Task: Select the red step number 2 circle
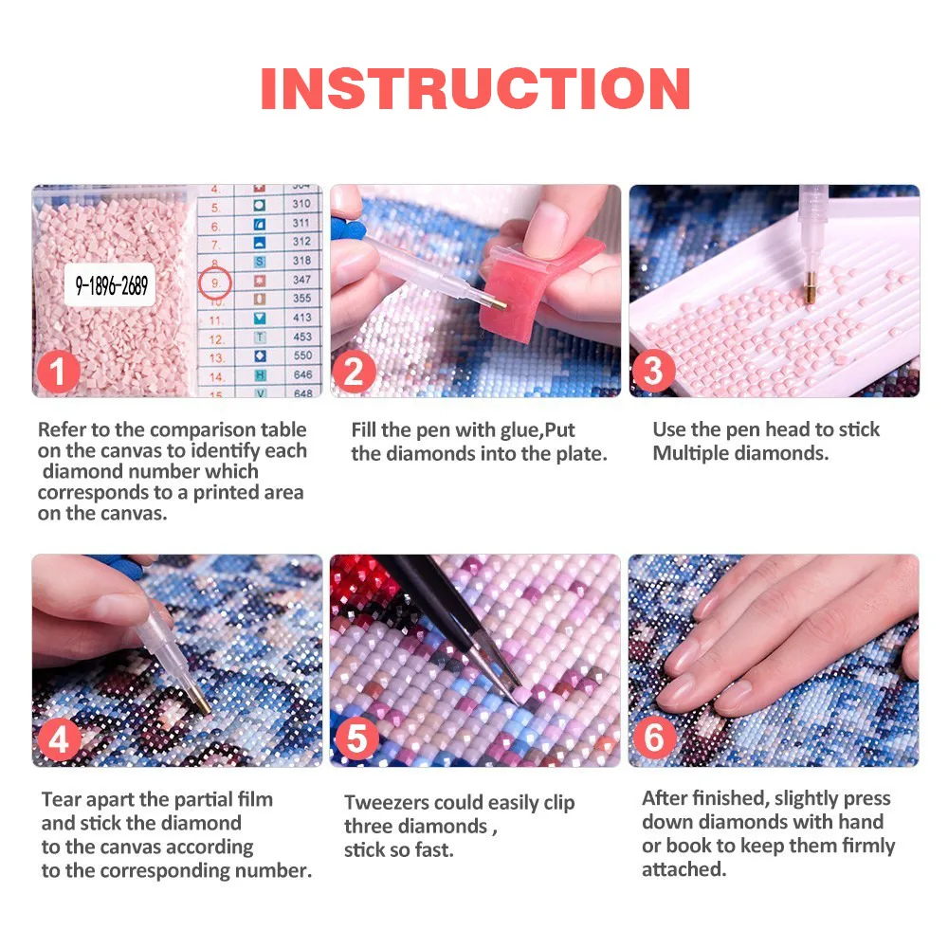pyautogui.click(x=355, y=372)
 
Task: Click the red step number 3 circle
pyautogui.click(x=653, y=372)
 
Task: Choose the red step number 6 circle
pyautogui.click(x=654, y=738)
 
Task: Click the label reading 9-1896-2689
pyautogui.click(x=112, y=284)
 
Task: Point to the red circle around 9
pyautogui.click(x=215, y=282)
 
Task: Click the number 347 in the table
pyautogui.click(x=301, y=280)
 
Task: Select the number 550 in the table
pyautogui.click(x=301, y=355)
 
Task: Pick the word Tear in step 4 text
pyautogui.click(x=59, y=799)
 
